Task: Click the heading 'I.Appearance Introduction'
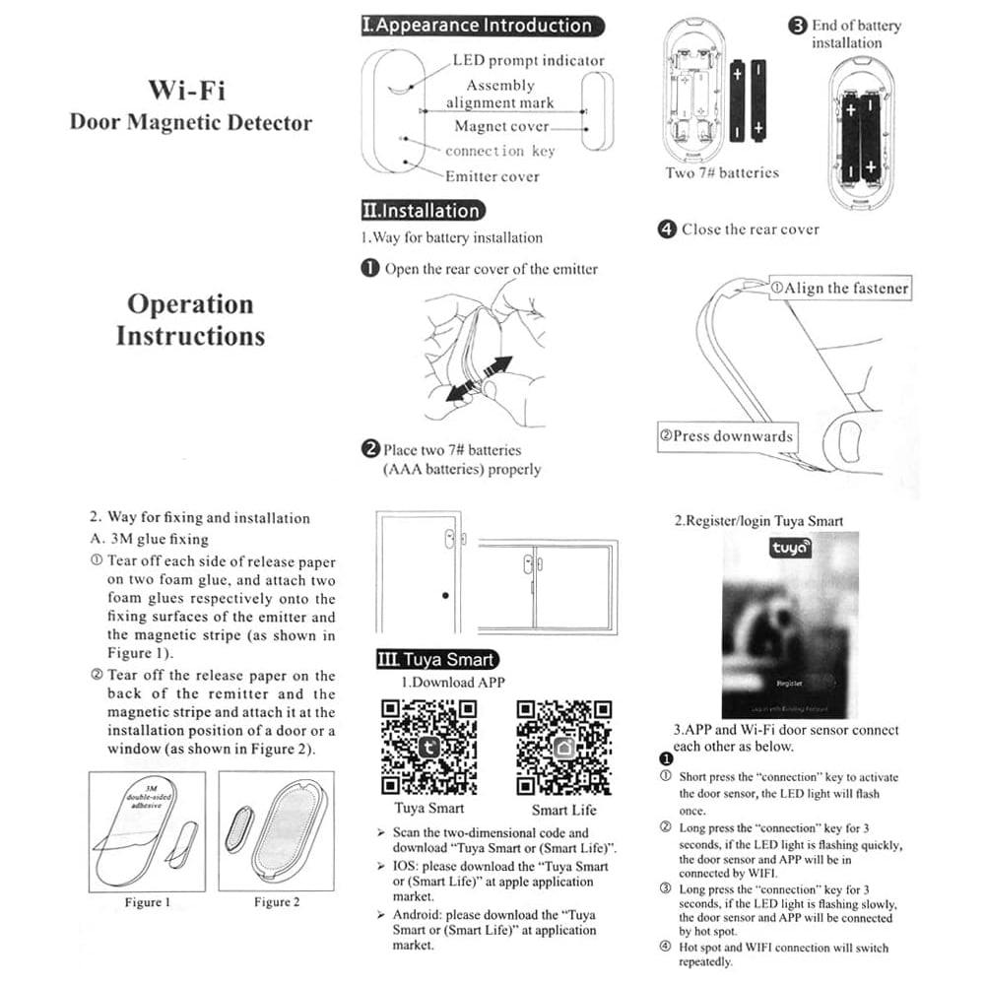click(x=483, y=26)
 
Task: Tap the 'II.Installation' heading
click(x=424, y=210)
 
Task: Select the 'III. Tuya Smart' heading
click(x=437, y=659)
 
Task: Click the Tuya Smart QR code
click(x=428, y=747)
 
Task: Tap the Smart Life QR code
click(x=564, y=747)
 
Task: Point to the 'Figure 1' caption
click(x=148, y=902)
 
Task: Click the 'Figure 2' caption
click(x=277, y=902)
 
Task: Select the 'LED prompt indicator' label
click(x=528, y=60)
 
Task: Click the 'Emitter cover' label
click(x=492, y=176)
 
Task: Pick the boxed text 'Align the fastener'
click(x=837, y=288)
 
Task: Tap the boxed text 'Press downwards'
click(x=726, y=435)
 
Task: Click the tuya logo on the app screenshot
click(x=790, y=548)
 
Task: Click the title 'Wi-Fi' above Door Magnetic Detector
click(x=187, y=90)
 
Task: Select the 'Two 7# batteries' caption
click(x=722, y=172)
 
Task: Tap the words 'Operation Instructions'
click(x=190, y=319)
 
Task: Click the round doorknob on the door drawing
click(x=445, y=596)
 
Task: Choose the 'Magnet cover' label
click(x=501, y=126)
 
